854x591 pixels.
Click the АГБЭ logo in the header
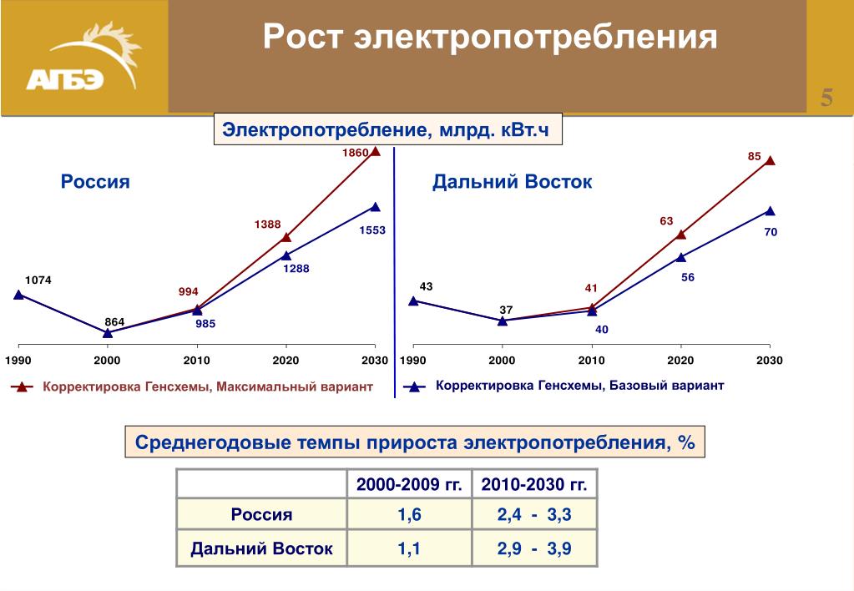[x=83, y=57]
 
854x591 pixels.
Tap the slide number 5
[x=826, y=98]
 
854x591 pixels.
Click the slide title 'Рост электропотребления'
[x=490, y=37]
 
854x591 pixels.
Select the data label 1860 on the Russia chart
[x=355, y=153]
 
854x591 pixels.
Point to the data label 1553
[x=372, y=230]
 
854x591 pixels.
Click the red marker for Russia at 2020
[x=286, y=237]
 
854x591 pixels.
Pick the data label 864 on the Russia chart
[x=114, y=322]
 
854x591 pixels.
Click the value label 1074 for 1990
[x=38, y=280]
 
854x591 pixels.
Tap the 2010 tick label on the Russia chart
[x=197, y=360]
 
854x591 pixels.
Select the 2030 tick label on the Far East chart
[x=769, y=360]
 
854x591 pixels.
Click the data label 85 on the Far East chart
[x=754, y=156]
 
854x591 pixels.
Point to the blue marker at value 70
[x=770, y=211]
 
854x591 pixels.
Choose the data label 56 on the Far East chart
[x=688, y=277]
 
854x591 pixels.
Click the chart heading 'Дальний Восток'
[x=512, y=181]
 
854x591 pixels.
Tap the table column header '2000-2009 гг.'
[x=409, y=484]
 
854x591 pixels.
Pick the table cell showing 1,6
[x=409, y=515]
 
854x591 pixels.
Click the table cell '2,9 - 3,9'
[x=534, y=548]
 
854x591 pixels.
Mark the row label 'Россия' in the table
[x=261, y=515]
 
